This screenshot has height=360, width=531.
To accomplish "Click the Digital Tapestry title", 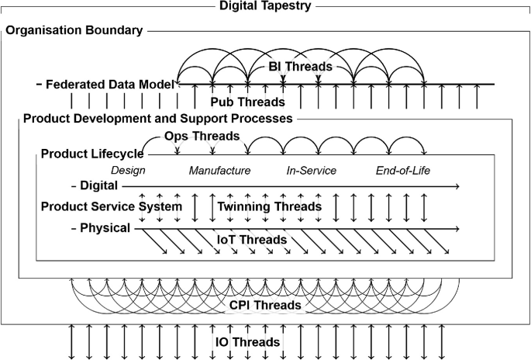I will [x=265, y=6].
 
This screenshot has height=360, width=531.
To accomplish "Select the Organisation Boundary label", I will [x=74, y=30].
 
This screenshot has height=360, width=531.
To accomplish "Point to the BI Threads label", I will [x=301, y=67].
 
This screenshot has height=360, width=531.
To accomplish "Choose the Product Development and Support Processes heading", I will [x=157, y=119].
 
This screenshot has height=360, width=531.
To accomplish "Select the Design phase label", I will [x=128, y=171].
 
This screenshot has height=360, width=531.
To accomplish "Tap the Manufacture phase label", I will [x=220, y=171].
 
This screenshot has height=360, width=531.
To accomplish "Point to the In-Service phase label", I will [x=312, y=171].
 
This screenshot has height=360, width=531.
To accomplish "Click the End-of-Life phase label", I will [x=403, y=171].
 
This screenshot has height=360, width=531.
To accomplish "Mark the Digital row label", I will [x=98, y=186].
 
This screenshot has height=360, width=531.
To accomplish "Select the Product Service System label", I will [x=112, y=206].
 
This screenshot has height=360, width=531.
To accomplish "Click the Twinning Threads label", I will [x=269, y=206].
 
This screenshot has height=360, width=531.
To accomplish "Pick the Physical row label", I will [x=103, y=228].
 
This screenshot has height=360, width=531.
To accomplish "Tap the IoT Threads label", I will [x=253, y=240].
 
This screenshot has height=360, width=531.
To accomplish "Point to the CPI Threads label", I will [x=265, y=306].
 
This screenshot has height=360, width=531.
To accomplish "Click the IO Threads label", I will [x=248, y=341].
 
